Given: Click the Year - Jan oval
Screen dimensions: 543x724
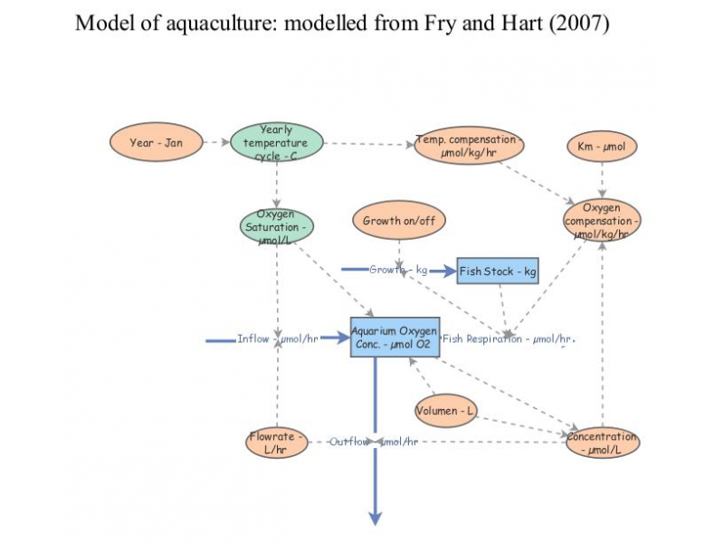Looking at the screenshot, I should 155,143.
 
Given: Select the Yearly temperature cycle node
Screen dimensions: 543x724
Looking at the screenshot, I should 276,143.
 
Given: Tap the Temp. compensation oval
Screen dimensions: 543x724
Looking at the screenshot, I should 468,146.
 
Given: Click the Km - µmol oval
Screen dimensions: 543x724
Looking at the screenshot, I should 602,146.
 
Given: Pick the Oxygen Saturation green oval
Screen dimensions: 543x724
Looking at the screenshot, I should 276,226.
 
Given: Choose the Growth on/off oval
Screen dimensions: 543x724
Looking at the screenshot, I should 398,221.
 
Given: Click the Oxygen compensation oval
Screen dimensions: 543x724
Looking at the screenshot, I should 602,221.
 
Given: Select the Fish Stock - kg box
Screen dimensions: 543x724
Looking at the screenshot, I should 498,271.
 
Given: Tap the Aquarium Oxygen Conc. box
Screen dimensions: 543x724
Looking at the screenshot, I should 395,337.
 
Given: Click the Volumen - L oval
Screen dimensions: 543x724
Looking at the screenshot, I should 445,412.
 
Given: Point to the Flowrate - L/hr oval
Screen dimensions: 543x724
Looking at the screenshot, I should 277,443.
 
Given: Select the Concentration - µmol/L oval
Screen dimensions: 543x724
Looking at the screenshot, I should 602,443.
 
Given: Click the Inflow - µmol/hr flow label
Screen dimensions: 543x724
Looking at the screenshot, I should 277,339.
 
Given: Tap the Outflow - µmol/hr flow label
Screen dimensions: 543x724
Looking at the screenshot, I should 373,443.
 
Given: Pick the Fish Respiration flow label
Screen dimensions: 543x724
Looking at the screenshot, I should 507,339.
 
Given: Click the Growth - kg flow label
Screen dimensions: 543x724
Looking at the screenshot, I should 398,271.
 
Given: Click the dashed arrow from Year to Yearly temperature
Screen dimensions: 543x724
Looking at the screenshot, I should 214,143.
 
